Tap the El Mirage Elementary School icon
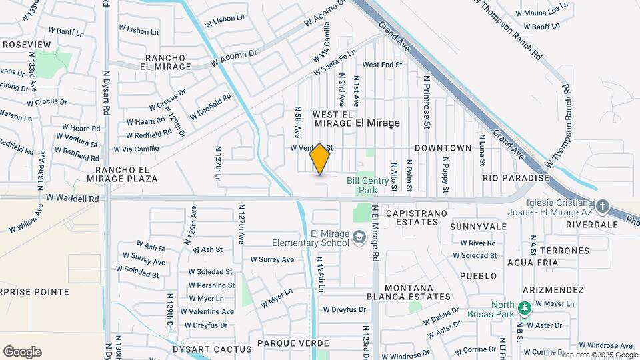point(359,238)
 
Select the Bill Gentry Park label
point(363,185)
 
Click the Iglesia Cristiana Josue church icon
point(603,206)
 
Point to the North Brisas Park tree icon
point(524,307)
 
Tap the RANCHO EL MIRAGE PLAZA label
point(122,175)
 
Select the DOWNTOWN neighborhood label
point(443,147)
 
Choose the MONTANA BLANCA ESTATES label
point(409,291)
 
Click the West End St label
point(382,65)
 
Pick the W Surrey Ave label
point(272,259)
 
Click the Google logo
point(22,352)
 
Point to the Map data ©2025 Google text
point(599,355)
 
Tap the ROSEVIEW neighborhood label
point(27,44)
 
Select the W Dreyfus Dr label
point(345,309)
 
